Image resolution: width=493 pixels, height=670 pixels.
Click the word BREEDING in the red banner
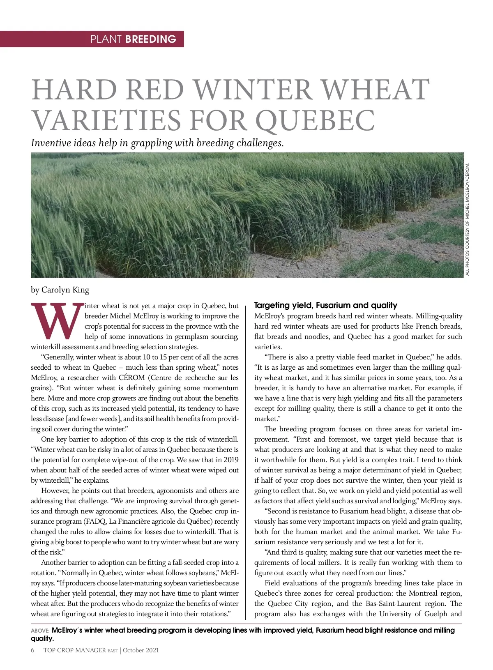tap(151, 39)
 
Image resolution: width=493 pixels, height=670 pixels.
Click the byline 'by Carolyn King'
tap(60, 290)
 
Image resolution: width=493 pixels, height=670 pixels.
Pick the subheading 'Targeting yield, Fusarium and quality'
tap(325, 305)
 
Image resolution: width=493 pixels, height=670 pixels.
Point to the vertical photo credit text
tap(467, 220)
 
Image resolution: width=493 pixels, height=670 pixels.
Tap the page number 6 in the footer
tap(32, 650)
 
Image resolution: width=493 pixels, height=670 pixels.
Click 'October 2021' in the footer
tap(141, 650)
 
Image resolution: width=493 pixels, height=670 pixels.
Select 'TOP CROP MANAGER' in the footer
tap(74, 650)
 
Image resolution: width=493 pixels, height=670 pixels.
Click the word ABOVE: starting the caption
tap(40, 631)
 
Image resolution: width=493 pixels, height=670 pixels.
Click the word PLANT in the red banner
tap(106, 39)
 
